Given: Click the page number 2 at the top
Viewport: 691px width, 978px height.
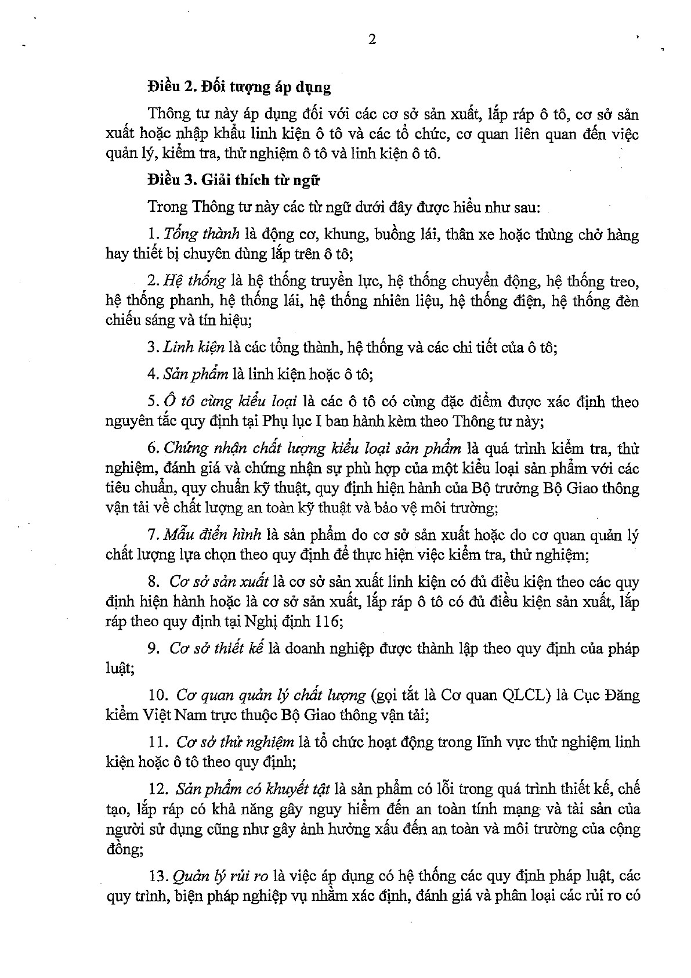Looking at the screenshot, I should (x=372, y=40).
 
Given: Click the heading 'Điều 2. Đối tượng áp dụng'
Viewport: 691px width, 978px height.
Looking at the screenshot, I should (x=239, y=88).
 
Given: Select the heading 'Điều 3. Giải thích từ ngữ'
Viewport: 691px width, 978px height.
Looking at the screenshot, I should (x=234, y=180).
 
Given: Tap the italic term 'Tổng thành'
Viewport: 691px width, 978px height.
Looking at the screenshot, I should (x=201, y=234).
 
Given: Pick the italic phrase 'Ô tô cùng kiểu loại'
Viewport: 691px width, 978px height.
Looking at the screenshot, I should (x=230, y=402).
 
